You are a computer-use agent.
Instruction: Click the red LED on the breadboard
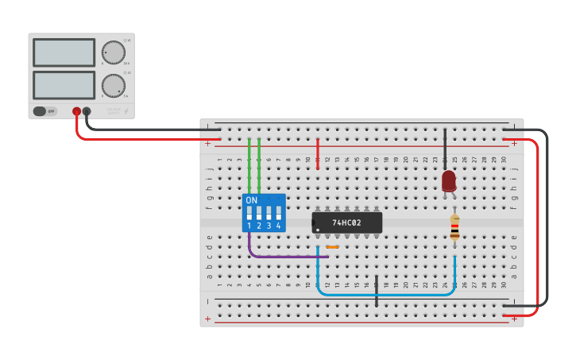pyautogui.click(x=449, y=181)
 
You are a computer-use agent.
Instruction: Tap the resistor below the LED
pyautogui.click(x=454, y=227)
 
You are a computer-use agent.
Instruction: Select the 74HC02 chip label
pyautogui.click(x=346, y=223)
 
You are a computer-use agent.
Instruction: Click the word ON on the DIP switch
pyautogui.click(x=252, y=200)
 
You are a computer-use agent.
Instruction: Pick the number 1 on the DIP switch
pyautogui.click(x=249, y=226)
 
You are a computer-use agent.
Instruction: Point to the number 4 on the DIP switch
pyautogui.click(x=278, y=226)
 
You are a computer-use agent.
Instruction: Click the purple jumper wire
pyautogui.click(x=278, y=257)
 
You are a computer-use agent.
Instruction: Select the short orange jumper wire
pyautogui.click(x=332, y=247)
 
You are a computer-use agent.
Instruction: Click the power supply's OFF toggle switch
pyautogui.click(x=44, y=111)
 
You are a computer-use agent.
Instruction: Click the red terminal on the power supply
pyautogui.click(x=76, y=112)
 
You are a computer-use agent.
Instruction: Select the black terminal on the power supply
pyautogui.click(x=87, y=112)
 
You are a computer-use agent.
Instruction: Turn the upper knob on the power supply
pyautogui.click(x=114, y=52)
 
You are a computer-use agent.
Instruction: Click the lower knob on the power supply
pyautogui.click(x=114, y=85)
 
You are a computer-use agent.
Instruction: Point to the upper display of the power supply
pyautogui.click(x=64, y=52)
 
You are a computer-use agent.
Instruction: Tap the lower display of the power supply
pyautogui.click(x=64, y=85)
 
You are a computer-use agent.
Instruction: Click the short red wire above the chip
pyautogui.click(x=318, y=153)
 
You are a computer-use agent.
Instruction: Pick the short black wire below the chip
pyautogui.click(x=377, y=291)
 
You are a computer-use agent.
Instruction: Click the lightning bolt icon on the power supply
pyautogui.click(x=126, y=111)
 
